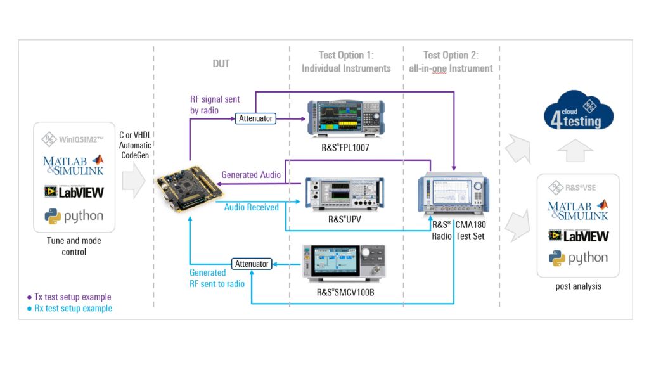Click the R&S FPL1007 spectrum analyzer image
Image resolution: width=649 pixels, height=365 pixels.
[345, 118]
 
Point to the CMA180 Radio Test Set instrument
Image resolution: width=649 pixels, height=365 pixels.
[453, 195]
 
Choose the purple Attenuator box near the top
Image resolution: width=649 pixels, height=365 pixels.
[256, 118]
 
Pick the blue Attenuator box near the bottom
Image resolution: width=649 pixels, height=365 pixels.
[252, 264]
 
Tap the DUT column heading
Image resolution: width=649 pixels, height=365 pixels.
[221, 63]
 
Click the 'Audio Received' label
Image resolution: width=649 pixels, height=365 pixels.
[252, 207]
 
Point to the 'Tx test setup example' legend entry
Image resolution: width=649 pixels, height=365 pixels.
[69, 297]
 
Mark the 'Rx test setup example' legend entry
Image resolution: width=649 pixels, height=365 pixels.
[69, 309]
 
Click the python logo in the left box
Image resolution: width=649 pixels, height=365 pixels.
[74, 216]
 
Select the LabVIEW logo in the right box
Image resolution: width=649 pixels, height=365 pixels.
[578, 236]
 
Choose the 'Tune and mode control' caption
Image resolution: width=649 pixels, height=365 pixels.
[74, 246]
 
